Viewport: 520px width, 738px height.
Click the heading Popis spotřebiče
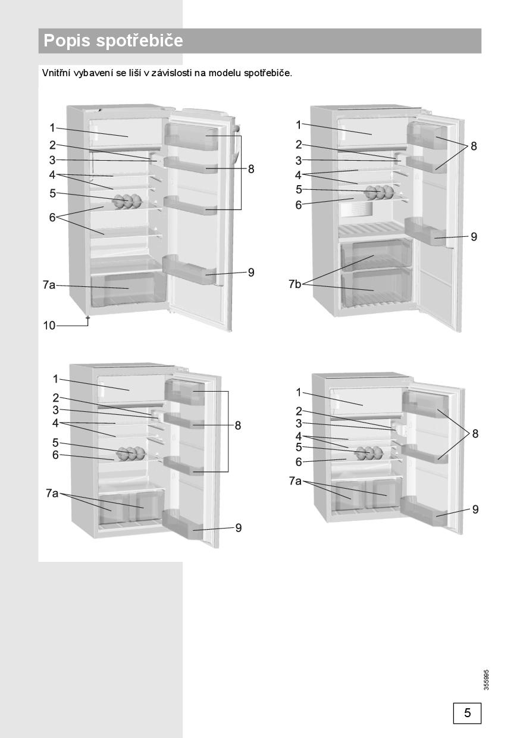(113, 41)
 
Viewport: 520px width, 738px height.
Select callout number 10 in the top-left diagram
(49, 326)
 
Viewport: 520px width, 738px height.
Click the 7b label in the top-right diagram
(295, 284)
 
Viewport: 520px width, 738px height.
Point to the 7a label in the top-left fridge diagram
(49, 284)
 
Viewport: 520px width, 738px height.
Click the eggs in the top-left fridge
(127, 201)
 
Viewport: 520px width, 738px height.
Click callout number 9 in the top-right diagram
(474, 236)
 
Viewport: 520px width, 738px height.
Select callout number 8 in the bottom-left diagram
(238, 426)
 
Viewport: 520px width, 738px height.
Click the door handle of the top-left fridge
(236, 144)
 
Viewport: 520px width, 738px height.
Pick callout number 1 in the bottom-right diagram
(298, 392)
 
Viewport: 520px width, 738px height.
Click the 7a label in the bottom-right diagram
(295, 481)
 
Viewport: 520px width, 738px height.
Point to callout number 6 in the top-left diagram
(52, 217)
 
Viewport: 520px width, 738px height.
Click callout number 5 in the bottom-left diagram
(55, 442)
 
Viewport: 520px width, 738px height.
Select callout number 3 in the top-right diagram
(298, 161)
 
